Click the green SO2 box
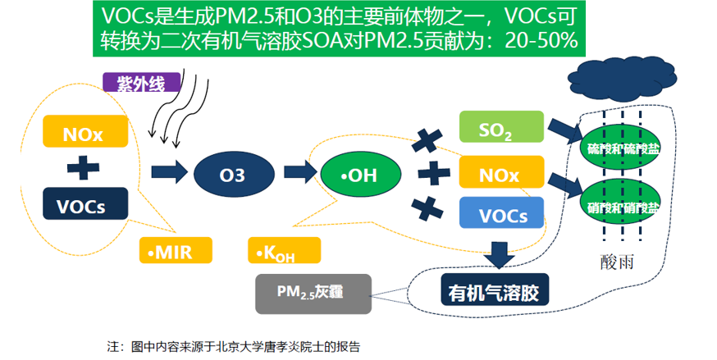500,130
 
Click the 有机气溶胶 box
495,290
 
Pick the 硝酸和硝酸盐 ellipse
621,206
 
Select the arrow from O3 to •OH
297,173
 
